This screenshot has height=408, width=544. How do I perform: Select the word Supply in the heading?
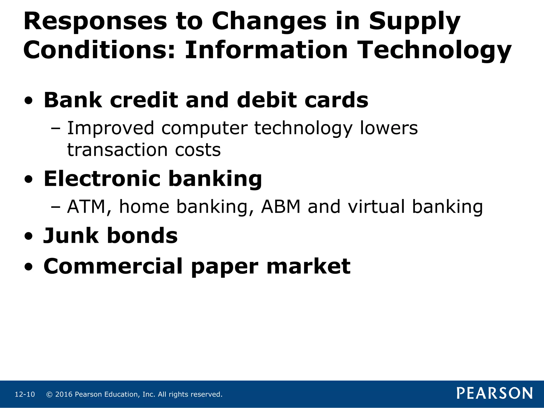point(414,22)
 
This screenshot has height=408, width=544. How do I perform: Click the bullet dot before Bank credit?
point(28,101)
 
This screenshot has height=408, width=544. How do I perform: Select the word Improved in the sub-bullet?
point(110,128)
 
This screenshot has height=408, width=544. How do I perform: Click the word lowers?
point(389,128)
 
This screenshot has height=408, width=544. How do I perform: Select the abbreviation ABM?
point(281,207)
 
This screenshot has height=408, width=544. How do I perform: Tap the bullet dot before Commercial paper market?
point(28,266)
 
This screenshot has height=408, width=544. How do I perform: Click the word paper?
point(224,266)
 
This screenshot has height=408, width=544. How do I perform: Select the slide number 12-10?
point(25,394)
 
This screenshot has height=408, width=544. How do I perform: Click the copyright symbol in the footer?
point(49,394)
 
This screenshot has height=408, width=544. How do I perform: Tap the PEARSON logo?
point(494,393)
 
